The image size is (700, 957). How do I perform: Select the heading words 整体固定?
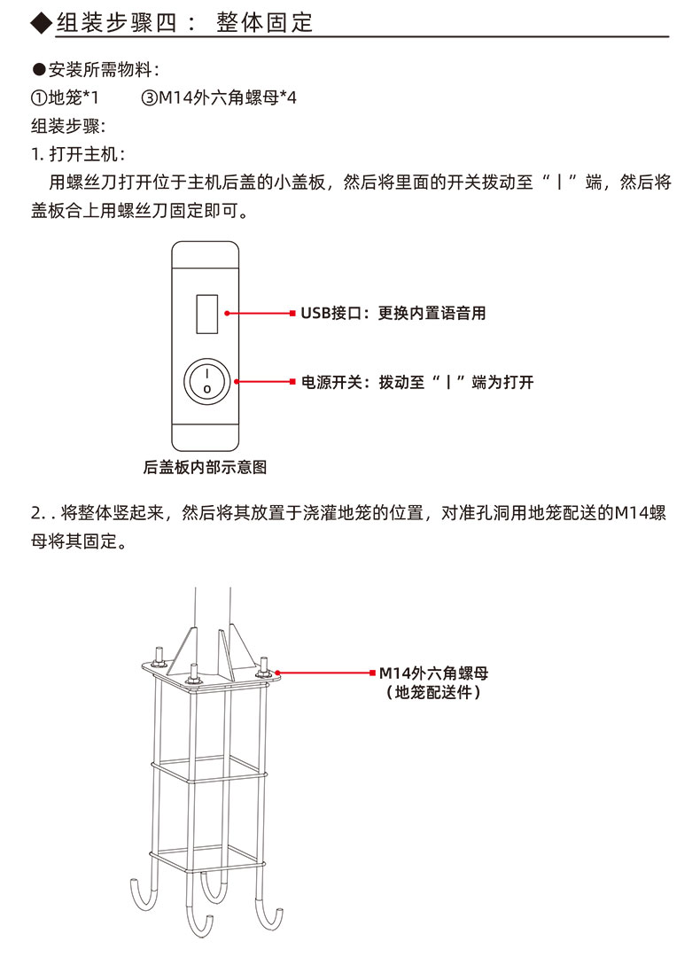point(264,22)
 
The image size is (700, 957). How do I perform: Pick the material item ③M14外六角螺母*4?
point(218,97)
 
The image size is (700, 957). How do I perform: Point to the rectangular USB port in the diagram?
point(206,313)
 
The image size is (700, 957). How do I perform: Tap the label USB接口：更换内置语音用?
point(393,313)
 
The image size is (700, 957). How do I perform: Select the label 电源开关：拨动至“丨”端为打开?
point(416,382)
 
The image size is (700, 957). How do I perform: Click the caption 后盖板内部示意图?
point(205,465)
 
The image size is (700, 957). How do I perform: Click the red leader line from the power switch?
point(264,382)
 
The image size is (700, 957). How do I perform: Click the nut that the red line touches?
point(263,674)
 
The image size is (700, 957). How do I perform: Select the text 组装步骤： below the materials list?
point(68,126)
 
